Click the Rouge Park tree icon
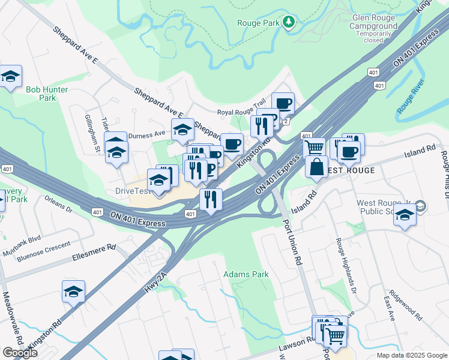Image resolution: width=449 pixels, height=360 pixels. (289, 22)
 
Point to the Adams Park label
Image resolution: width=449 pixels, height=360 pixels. (246, 274)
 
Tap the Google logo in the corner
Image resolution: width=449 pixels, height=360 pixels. (20, 353)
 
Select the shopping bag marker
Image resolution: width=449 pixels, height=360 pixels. (316, 167)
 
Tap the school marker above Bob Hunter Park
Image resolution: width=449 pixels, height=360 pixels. (10, 77)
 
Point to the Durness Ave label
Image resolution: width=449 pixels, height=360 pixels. (146, 134)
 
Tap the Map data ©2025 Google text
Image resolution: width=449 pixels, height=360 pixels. (411, 355)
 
